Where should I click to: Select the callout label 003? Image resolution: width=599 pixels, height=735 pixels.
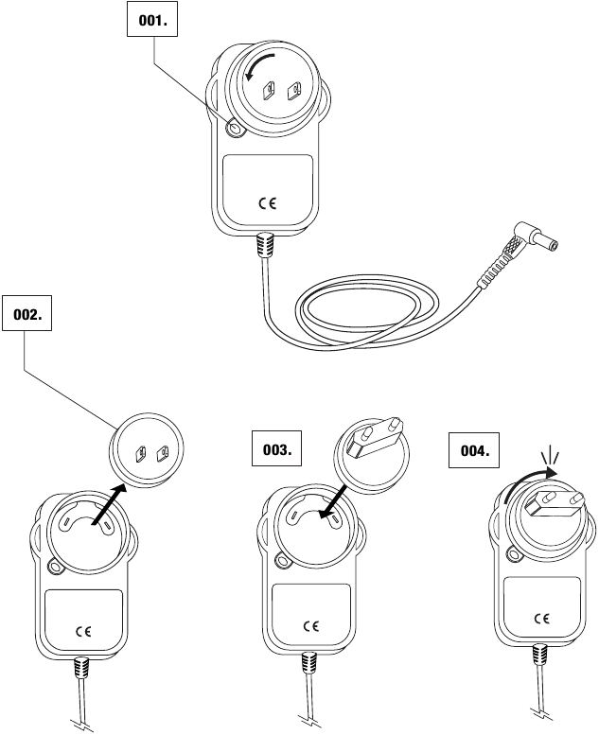click(x=276, y=450)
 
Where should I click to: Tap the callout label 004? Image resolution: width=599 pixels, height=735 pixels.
click(x=474, y=451)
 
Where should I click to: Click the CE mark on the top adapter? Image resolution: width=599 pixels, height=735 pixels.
click(x=268, y=201)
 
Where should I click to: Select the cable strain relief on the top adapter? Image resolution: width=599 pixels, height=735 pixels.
click(x=266, y=246)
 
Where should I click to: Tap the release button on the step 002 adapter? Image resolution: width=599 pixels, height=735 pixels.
click(x=53, y=567)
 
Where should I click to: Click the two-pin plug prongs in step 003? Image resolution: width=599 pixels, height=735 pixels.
click(x=374, y=432)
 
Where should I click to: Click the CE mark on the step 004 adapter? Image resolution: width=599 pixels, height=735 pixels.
click(x=541, y=619)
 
